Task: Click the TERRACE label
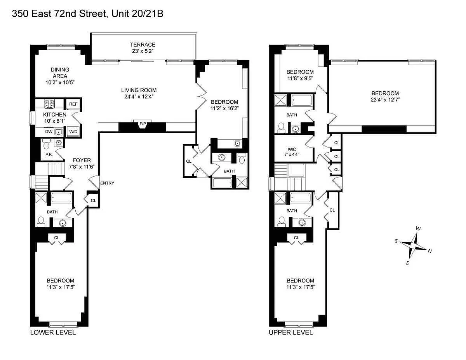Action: (143, 45)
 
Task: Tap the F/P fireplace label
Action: (143, 124)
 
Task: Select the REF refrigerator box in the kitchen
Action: (73, 104)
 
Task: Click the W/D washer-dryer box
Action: (73, 132)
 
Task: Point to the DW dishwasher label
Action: (49, 132)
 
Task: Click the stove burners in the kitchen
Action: (49, 104)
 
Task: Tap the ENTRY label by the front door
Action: (107, 183)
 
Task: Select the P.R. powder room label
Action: (49, 155)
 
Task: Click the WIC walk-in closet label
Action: (292, 149)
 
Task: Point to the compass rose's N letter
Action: (430, 251)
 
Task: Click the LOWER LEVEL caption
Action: (53, 332)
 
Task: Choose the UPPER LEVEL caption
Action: (291, 332)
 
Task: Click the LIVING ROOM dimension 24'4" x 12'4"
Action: (139, 97)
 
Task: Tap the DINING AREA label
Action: (60, 73)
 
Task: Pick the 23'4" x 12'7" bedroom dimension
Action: (385, 100)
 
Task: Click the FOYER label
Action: (82, 160)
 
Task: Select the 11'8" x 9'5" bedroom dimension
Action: (300, 78)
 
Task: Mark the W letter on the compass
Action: (418, 229)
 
